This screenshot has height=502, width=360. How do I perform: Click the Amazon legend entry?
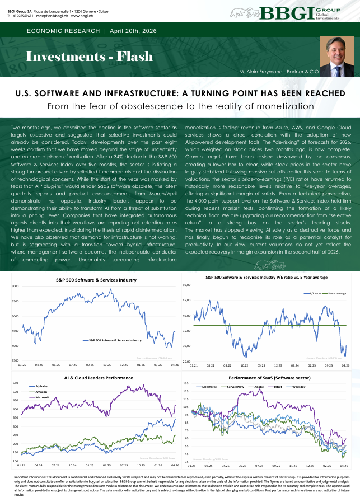tap(41, 392)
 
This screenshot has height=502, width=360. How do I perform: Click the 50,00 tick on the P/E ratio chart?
tap(187, 285)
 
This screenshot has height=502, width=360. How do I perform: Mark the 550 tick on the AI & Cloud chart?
tap(15, 383)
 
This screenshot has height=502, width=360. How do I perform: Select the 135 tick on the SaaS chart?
tap(186, 383)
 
